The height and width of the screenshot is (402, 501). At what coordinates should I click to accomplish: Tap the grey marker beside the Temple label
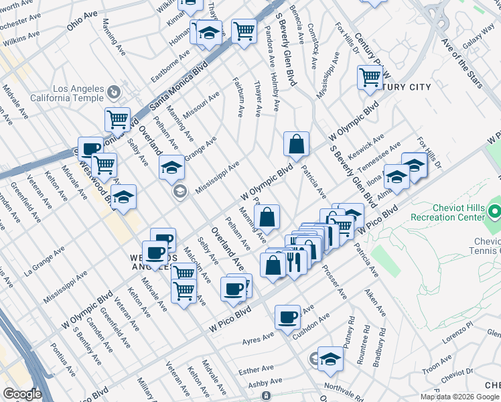pyautogui.click(x=113, y=91)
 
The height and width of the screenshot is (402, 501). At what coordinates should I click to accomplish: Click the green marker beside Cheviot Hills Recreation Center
pyautogui.click(x=494, y=212)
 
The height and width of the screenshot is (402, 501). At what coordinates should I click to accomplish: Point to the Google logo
pyautogui.click(x=22, y=394)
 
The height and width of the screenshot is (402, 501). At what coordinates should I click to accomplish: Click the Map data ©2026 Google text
pyautogui.click(x=460, y=397)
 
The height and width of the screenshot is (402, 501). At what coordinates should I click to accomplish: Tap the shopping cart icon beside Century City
pyautogui.click(x=370, y=78)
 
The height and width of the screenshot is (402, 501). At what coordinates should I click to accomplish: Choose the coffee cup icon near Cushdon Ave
pyautogui.click(x=287, y=317)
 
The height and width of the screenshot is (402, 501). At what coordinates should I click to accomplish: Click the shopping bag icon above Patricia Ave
pyautogui.click(x=296, y=143)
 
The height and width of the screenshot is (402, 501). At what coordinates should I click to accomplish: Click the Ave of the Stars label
pyautogui.click(x=462, y=63)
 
